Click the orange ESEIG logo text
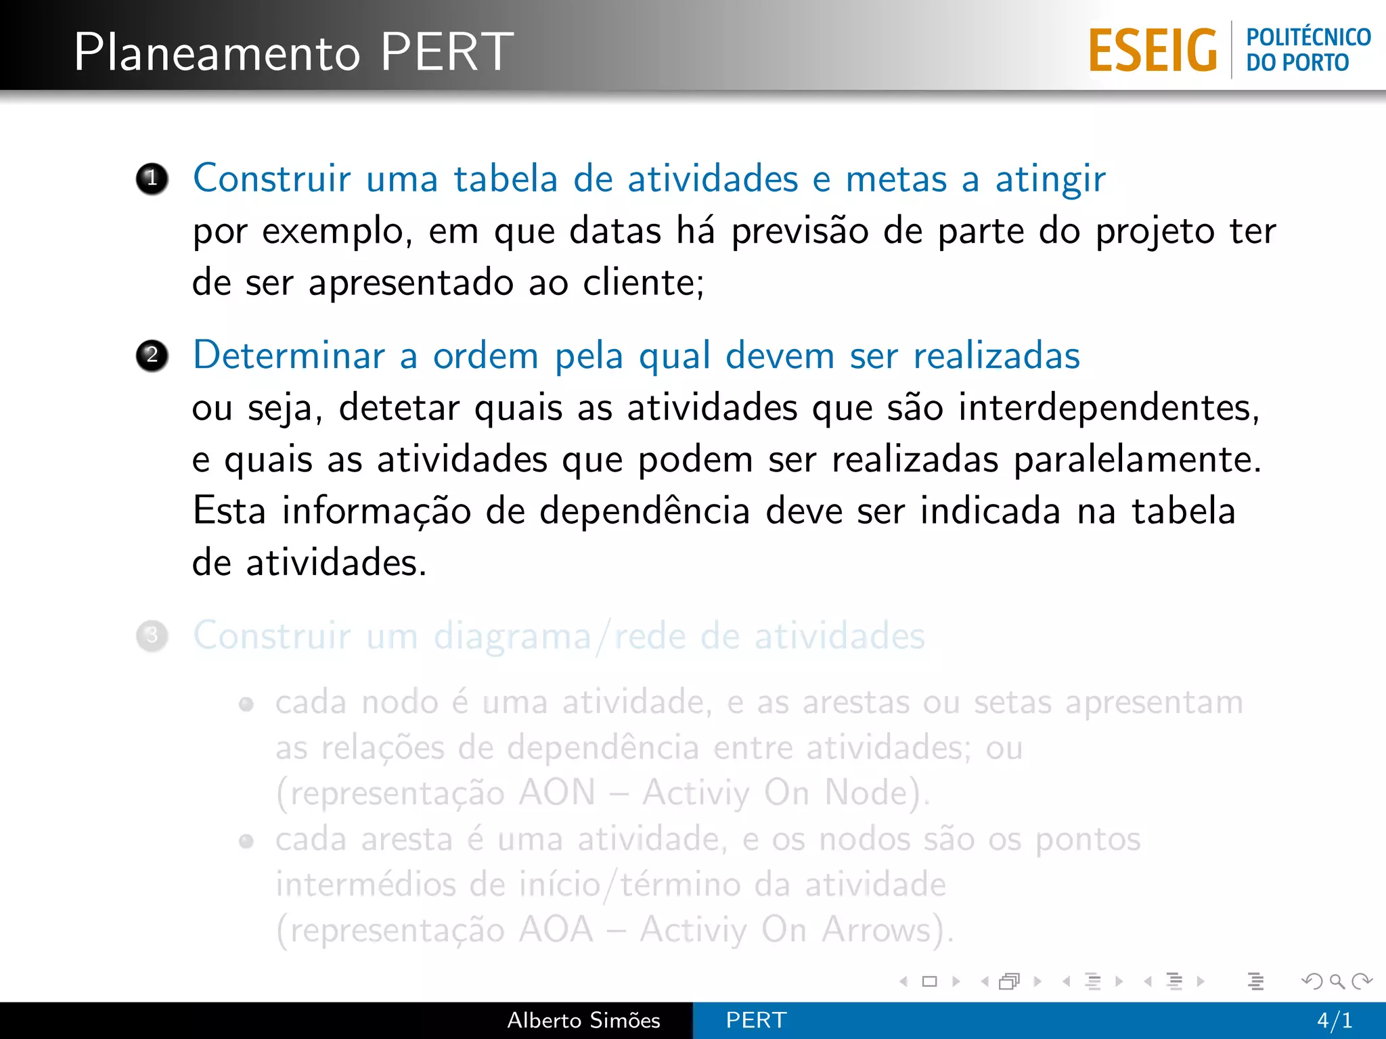1153,51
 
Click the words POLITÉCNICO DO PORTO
1308,49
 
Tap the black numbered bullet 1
152,179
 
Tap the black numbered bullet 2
152,356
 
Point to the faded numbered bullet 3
152,636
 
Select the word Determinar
288,356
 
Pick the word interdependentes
1108,408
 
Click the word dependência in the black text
644,511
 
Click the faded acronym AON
557,793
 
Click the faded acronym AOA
556,929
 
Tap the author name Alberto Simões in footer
583,1020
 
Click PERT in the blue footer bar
756,1020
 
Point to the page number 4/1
1335,1020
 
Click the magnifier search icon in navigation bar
1337,981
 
